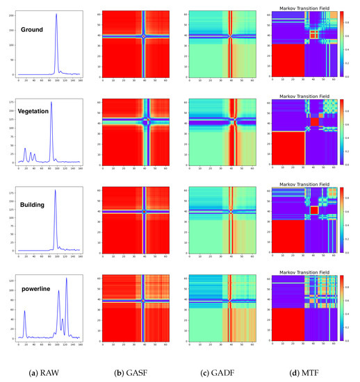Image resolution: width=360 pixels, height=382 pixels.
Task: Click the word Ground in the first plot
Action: [32, 30]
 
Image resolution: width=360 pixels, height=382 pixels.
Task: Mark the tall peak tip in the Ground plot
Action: [56, 15]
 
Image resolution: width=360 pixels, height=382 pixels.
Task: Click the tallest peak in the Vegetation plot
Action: [51, 103]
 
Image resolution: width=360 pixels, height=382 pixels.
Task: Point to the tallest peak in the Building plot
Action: [55, 190]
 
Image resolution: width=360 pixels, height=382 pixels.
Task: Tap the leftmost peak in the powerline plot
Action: [24, 312]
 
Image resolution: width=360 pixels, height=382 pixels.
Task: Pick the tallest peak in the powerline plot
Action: [67, 279]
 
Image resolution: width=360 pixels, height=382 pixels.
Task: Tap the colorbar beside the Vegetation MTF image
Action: [342, 133]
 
